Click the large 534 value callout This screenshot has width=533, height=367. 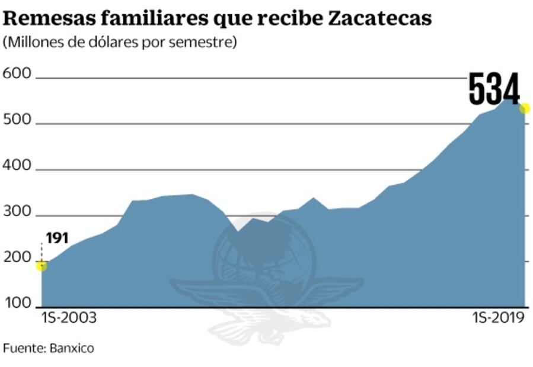pyautogui.click(x=494, y=89)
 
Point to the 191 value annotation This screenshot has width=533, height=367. pyautogui.click(x=58, y=238)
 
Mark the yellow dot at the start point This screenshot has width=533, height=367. pyautogui.click(x=41, y=265)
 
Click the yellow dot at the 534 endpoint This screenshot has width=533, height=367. pyautogui.click(x=524, y=108)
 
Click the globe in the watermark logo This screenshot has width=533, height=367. pyautogui.click(x=264, y=255)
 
